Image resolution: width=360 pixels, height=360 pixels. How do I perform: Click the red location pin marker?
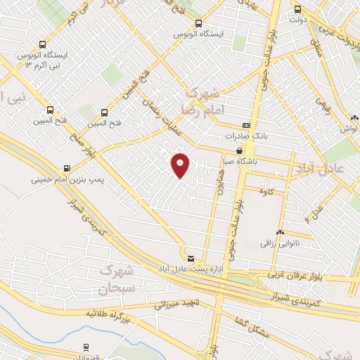click(180, 165)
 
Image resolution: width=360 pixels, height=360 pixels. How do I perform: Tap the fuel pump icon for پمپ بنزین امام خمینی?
click(67, 169)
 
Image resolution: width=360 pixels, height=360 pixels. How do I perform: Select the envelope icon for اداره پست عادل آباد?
click(191, 258)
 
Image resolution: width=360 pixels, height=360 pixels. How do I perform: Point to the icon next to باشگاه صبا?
click(240, 150)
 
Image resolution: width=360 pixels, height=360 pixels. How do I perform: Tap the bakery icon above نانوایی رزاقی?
click(280, 232)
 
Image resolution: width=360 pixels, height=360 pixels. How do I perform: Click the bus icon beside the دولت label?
click(297, 10)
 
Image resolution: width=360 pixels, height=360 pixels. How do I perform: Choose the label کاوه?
click(266, 191)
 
